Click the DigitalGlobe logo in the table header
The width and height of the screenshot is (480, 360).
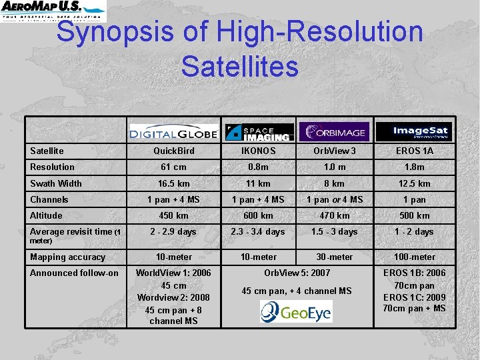173,132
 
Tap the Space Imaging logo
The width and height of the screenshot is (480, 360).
259,132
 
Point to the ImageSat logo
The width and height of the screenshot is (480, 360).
413,131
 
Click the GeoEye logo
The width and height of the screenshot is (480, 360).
296,311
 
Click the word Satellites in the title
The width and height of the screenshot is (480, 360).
239,66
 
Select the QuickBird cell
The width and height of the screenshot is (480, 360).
173,151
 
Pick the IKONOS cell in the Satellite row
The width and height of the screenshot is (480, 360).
258,151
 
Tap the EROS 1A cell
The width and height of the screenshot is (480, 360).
413,151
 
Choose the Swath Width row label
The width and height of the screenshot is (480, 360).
56,183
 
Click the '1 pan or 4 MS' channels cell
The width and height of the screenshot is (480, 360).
335,199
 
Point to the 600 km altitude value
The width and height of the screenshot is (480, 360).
258,215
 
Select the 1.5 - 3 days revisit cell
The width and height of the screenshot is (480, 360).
335,231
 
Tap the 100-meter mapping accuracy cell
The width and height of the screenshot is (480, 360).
413,257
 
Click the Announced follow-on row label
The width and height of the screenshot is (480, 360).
74,273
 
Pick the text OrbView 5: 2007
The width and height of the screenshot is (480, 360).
297,273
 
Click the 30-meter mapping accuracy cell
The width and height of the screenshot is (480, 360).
335,257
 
